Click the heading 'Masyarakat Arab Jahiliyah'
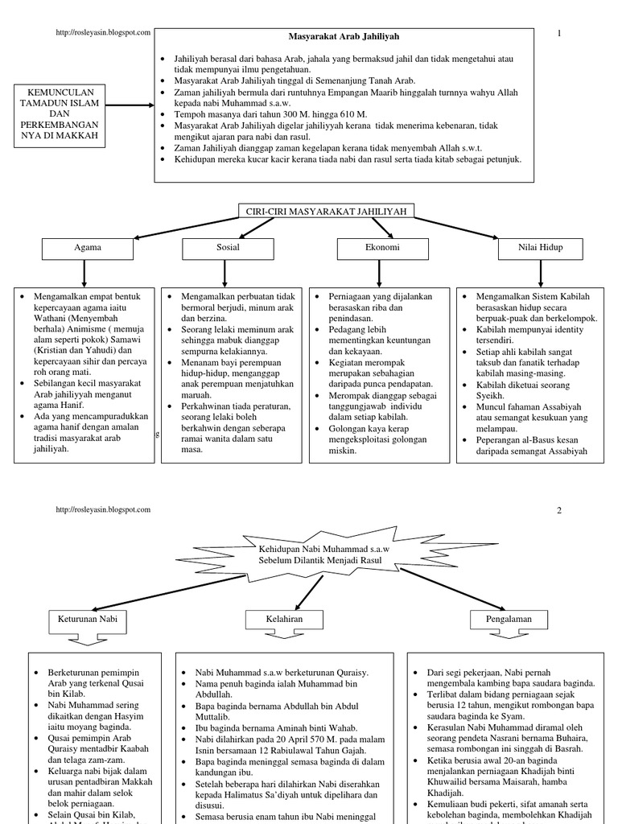coord(344,37)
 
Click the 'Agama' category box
coord(88,248)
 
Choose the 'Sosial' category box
coord(229,248)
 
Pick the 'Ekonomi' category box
coord(381,248)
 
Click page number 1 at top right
coord(558,32)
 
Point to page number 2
coord(558,510)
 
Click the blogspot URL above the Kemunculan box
coord(102,32)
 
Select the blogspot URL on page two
coord(102,510)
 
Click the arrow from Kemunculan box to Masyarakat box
coord(129,105)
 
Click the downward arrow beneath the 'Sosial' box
coord(224,274)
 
